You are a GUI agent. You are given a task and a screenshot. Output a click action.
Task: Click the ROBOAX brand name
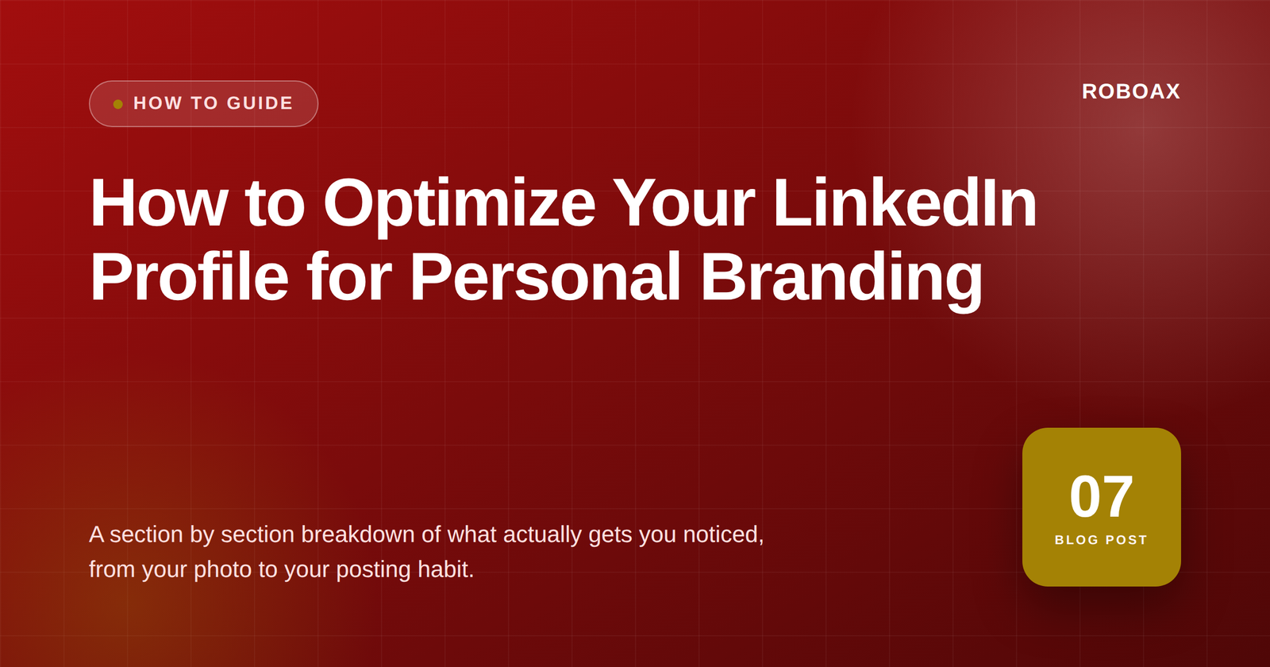point(1130,91)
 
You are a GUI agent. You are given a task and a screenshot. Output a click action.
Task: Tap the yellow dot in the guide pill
point(118,104)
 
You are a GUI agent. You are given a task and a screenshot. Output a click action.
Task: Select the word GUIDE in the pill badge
point(260,103)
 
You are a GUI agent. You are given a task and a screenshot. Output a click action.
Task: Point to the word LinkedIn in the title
point(905,202)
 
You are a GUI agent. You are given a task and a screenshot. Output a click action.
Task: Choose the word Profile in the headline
point(190,276)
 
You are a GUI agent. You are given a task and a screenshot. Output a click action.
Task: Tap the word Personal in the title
point(545,276)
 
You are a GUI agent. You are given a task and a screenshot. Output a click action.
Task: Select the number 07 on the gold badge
point(1101,497)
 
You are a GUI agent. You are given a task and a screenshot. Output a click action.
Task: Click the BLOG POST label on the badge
point(1101,540)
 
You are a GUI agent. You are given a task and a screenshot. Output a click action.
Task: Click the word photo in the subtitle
point(222,570)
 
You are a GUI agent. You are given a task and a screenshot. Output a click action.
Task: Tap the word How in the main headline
point(160,202)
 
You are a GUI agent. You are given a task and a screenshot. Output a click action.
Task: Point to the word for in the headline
point(349,276)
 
